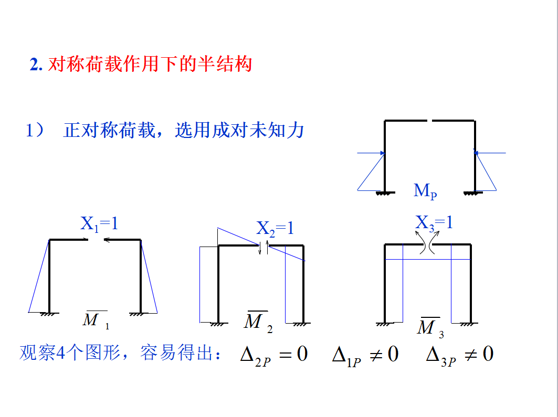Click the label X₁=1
coord(99,224)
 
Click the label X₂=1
coord(275,228)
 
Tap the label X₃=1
coord(434,222)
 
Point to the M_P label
coord(425,191)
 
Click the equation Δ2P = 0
coord(273,354)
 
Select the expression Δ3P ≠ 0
coord(460,355)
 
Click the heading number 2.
coord(36,65)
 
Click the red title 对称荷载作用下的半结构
coord(150,64)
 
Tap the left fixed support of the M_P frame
coord(385,193)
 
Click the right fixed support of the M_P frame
coord(475,193)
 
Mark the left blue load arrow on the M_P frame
coord(371,153)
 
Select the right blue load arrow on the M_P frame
coord(490,153)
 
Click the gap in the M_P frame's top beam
coord(429,121)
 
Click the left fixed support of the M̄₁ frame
coord(49,314)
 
